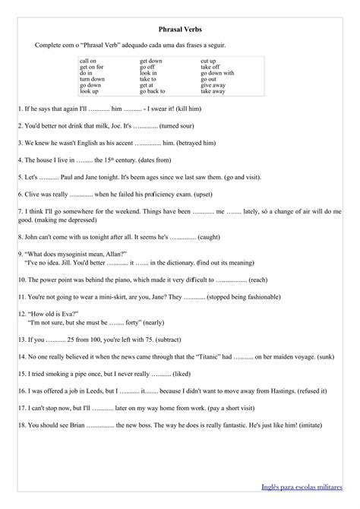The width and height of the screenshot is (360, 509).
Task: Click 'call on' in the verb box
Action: coord(88,60)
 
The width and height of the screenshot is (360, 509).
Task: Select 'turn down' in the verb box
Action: coord(93,79)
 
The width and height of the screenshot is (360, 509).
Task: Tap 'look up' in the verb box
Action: coord(89,91)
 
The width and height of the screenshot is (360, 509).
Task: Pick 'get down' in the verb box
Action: coord(151,60)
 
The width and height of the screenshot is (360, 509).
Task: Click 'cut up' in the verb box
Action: coord(208,60)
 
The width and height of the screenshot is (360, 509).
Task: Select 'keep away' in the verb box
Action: coord(213,91)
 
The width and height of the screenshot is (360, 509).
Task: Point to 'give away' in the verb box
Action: coord(213,85)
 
